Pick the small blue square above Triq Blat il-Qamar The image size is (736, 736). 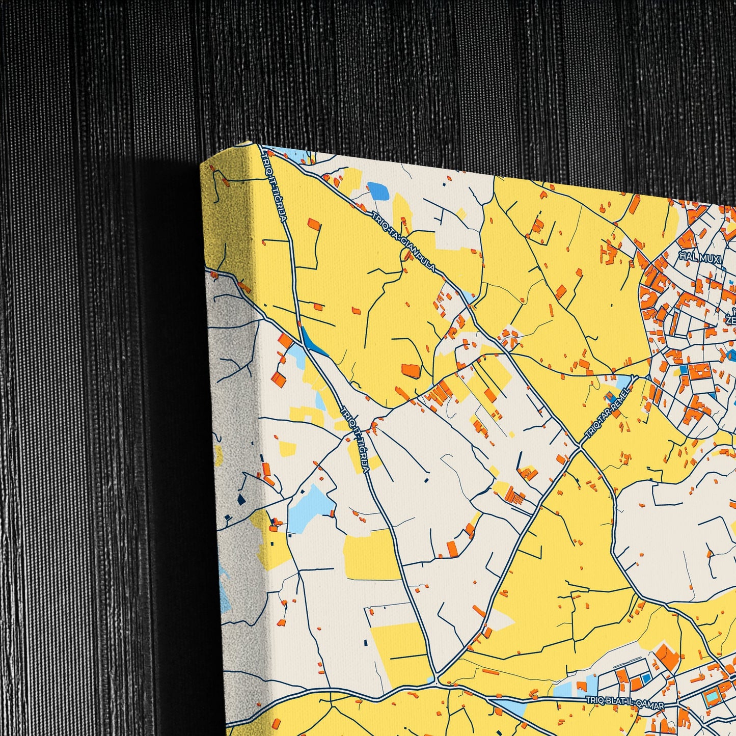point(646,678)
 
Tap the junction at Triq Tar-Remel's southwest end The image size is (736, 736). point(581,447)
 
